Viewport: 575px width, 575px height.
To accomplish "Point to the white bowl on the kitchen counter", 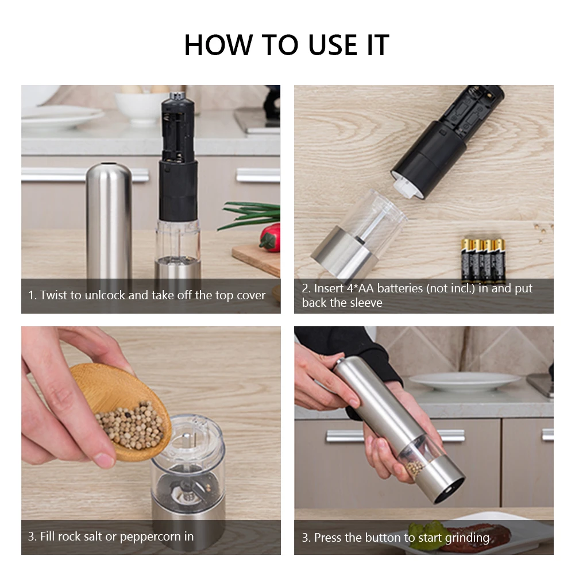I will coord(141,107).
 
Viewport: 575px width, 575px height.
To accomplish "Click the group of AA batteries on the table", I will coord(483,260).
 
